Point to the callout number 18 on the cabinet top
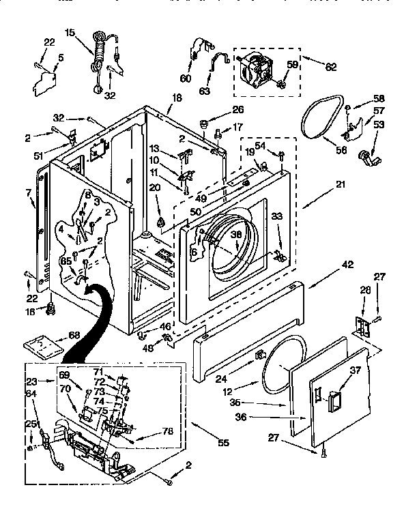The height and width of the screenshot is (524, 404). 177,98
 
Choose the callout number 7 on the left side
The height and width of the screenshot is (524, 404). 29,193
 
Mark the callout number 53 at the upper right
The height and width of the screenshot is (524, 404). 379,124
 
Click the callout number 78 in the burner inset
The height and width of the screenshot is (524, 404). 166,431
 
